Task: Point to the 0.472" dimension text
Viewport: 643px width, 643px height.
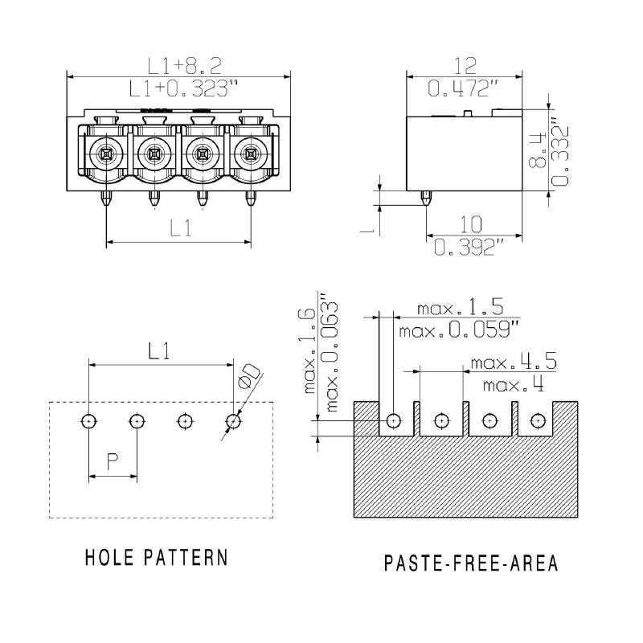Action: click(x=459, y=88)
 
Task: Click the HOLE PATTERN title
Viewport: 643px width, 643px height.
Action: click(x=156, y=557)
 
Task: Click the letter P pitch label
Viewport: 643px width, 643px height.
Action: click(x=113, y=461)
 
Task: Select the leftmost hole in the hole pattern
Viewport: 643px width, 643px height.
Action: click(x=88, y=420)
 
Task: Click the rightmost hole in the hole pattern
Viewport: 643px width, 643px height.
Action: click(x=233, y=420)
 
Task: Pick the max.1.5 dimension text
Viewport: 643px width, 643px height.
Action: click(x=460, y=308)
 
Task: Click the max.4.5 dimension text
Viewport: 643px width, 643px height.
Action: click(x=513, y=362)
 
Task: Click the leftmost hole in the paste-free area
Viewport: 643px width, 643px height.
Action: click(x=393, y=420)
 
